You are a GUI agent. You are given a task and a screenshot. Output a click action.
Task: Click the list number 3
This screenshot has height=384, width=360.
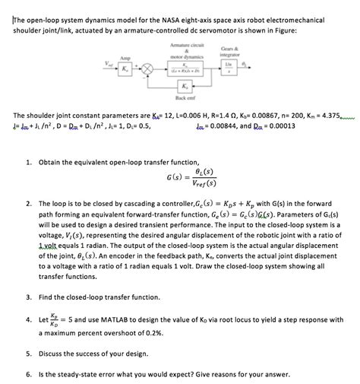point(28,296)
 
